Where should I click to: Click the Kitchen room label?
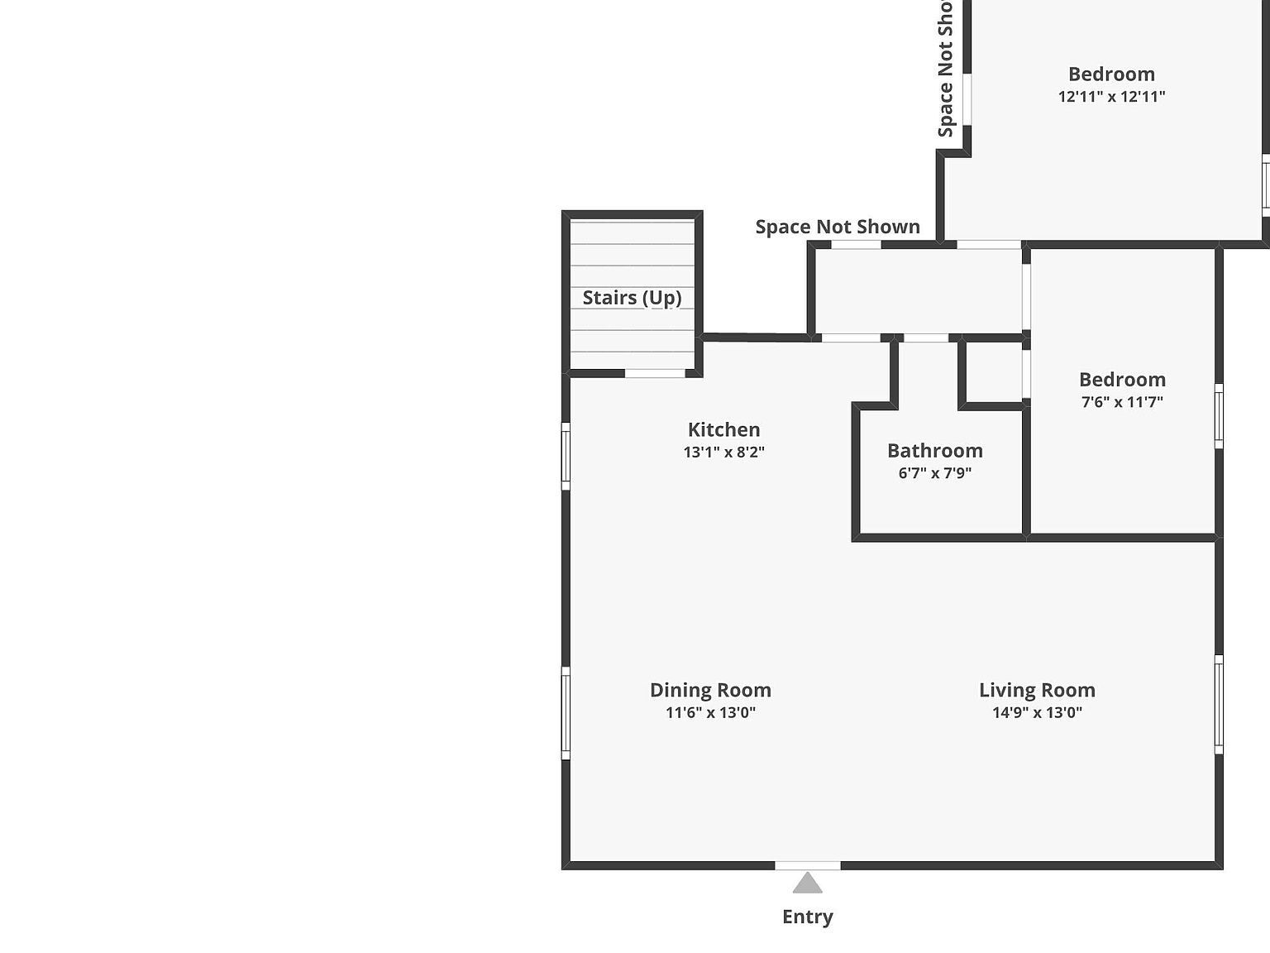[x=723, y=429]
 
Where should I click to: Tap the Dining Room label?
[x=710, y=690]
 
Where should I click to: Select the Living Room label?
[x=1037, y=690]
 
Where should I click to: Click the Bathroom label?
[x=934, y=451]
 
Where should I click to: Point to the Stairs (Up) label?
[x=632, y=298]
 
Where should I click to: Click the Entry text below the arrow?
[x=807, y=917]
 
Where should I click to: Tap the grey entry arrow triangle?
[x=808, y=884]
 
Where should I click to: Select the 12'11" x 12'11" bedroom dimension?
[x=1111, y=96]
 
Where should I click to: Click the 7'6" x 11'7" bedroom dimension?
[x=1122, y=402]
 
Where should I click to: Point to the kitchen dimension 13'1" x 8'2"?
[x=723, y=452]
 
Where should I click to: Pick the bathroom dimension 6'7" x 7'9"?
[x=934, y=473]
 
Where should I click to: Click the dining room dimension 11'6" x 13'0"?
[x=710, y=712]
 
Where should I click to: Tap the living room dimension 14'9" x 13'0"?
[x=1037, y=712]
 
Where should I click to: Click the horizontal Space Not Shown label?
[x=838, y=227]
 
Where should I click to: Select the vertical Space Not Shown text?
[x=945, y=70]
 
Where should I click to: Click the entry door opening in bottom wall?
[x=808, y=865]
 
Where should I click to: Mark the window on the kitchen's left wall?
[x=566, y=456]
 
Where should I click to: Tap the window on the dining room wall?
[x=566, y=713]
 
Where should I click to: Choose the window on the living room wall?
[x=1219, y=704]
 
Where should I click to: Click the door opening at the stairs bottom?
[x=655, y=373]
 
